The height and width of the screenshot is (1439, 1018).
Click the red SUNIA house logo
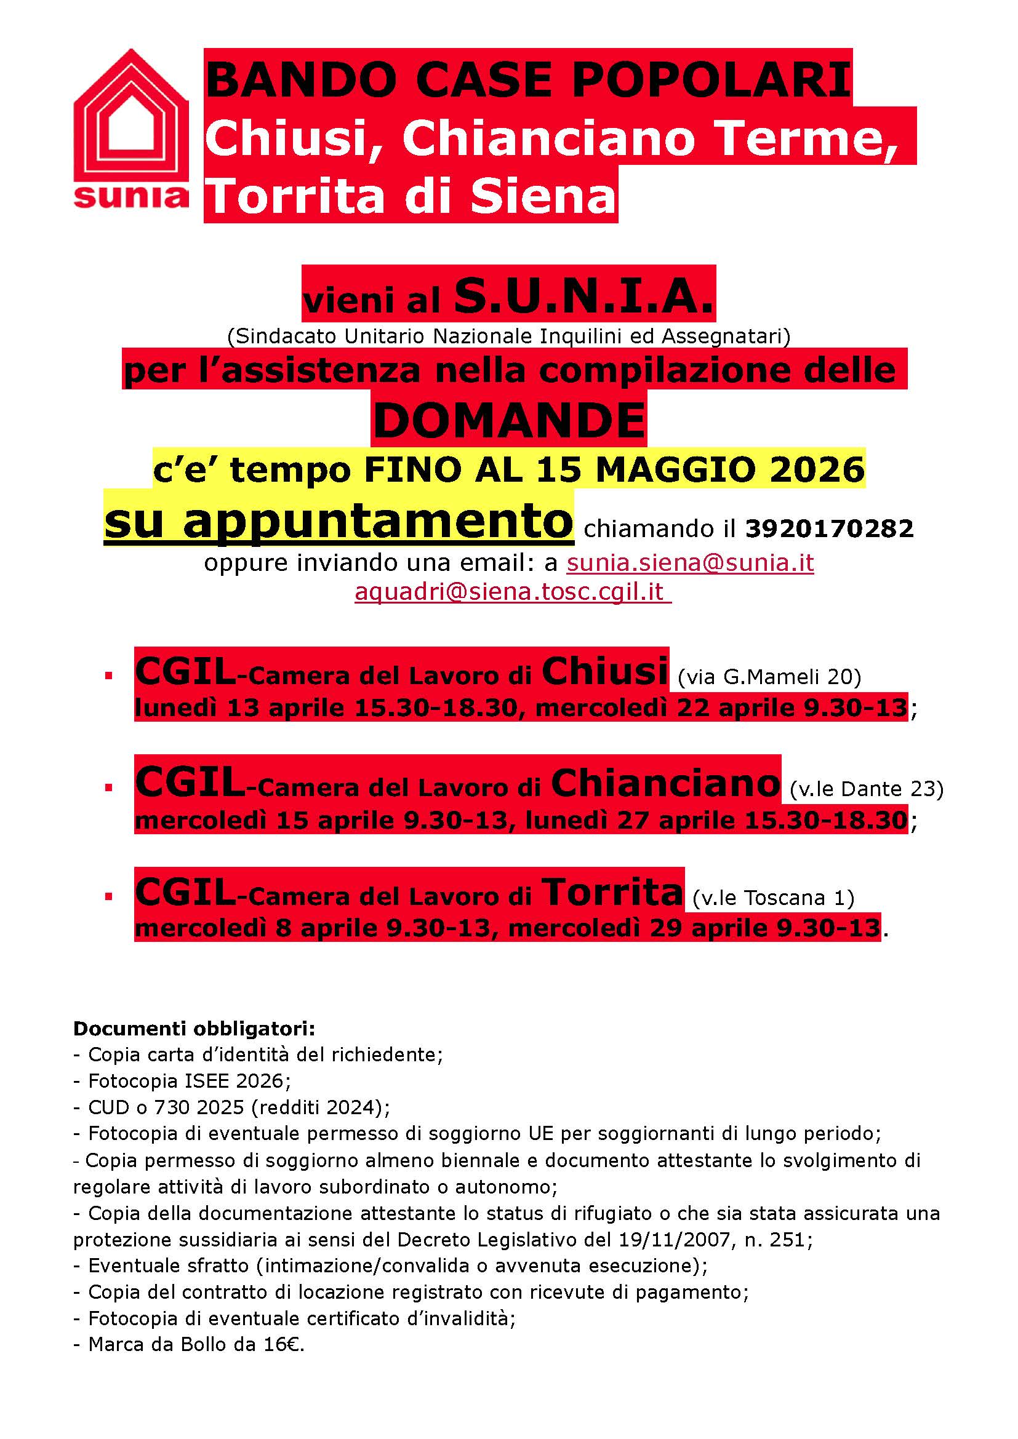point(131,129)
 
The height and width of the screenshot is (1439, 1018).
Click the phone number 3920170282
point(828,528)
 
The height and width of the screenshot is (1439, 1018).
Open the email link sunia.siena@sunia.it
point(689,562)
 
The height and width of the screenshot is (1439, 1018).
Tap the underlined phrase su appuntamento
point(339,520)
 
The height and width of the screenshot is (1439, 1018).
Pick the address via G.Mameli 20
point(770,677)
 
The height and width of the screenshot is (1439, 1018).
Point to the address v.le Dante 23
point(867,789)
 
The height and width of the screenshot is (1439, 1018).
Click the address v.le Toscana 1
point(774,898)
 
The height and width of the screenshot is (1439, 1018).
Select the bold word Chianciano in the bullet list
point(665,783)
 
